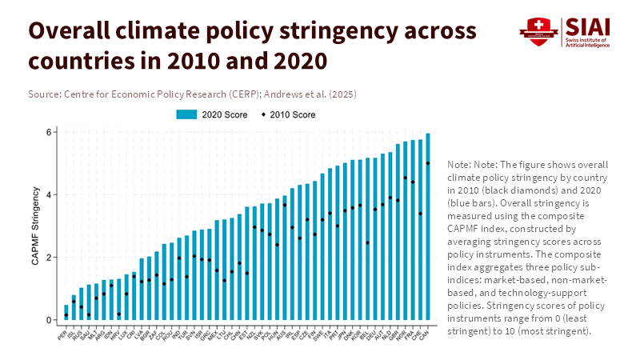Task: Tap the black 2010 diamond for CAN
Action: [x=428, y=163]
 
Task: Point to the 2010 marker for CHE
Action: [x=421, y=214]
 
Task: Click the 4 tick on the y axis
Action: [x=49, y=194]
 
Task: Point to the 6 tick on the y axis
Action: [x=49, y=132]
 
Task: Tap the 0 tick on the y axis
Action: [x=49, y=320]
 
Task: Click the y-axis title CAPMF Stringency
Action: [x=34, y=226]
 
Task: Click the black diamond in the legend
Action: [x=264, y=115]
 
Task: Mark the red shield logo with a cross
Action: [x=538, y=30]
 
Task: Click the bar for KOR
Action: [x=360, y=240]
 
